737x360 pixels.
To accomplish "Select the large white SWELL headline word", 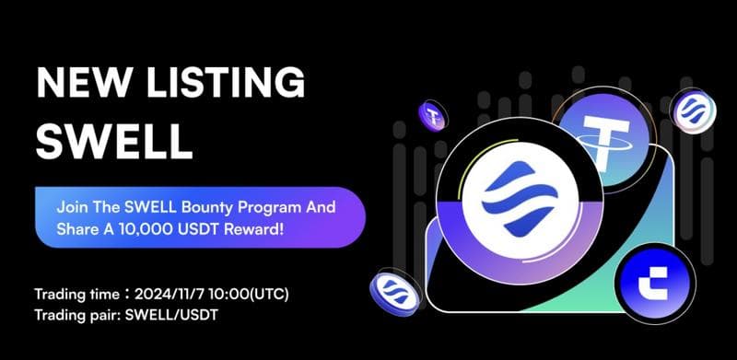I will point(113,143).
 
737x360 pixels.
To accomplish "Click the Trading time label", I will point(72,295).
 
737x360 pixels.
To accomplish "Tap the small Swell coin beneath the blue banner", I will point(395,295).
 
